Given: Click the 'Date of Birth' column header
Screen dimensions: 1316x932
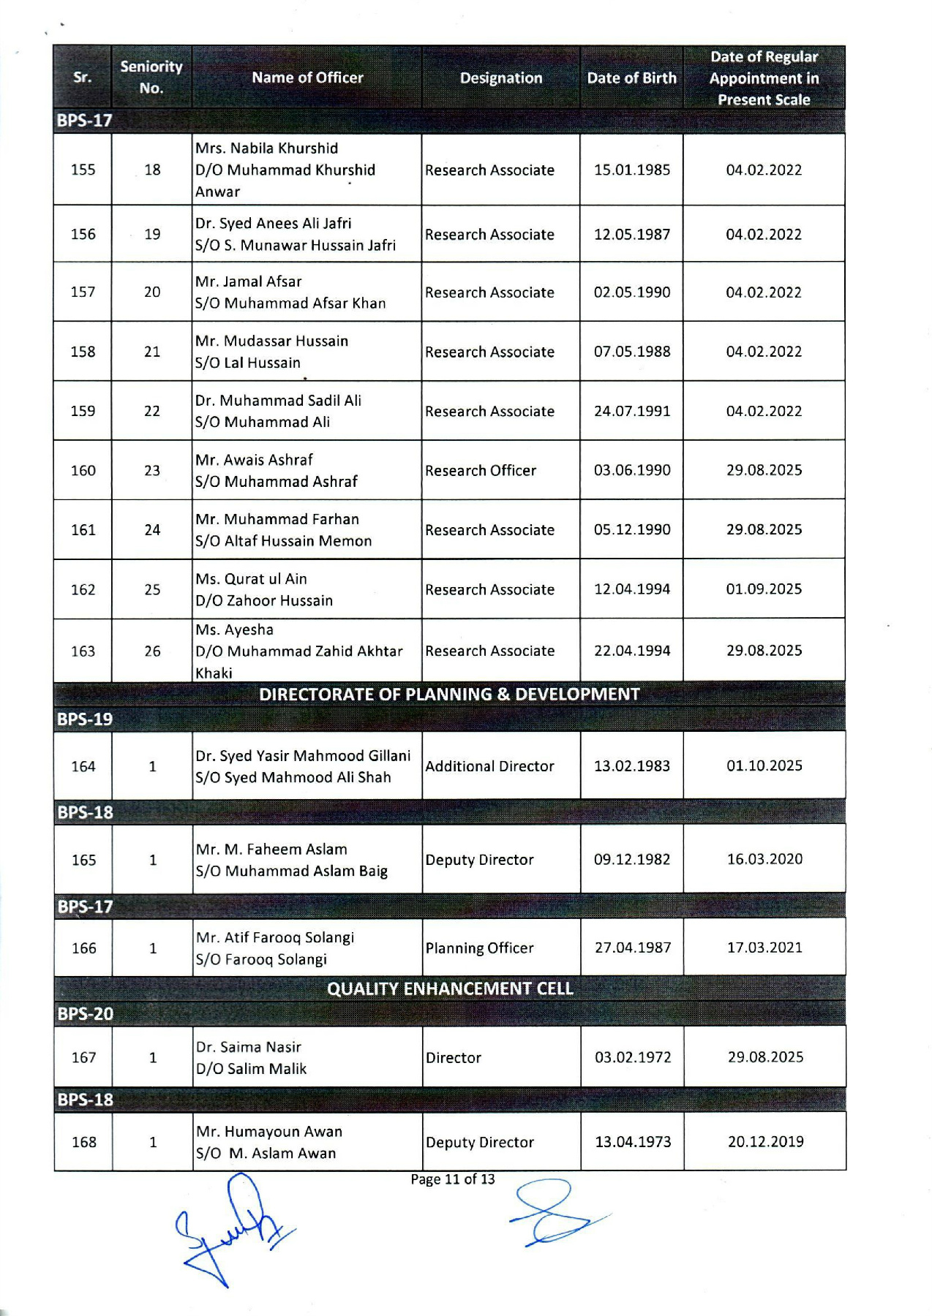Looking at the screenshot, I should (x=631, y=77).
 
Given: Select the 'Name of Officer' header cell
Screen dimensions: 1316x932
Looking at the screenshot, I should (x=307, y=77).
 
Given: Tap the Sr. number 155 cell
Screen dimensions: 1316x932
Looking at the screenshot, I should (x=83, y=170).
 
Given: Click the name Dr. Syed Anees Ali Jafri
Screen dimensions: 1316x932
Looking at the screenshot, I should (x=273, y=223).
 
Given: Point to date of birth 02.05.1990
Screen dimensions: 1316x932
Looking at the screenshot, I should (x=631, y=292).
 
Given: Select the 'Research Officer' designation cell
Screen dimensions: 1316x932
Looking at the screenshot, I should (x=481, y=470).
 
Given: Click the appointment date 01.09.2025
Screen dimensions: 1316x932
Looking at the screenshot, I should (x=764, y=589).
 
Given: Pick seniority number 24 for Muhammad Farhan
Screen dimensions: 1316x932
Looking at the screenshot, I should (x=152, y=529).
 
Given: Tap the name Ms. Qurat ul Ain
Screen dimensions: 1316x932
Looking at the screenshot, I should (x=251, y=578).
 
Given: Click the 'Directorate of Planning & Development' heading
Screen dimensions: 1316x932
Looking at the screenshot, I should (x=449, y=694).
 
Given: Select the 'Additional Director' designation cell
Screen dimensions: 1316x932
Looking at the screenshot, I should (x=489, y=765).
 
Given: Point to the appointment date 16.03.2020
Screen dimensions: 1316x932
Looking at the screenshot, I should (x=764, y=859).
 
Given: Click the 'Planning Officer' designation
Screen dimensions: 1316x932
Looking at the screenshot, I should (x=479, y=948).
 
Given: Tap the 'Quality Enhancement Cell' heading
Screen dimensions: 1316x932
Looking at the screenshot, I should (x=450, y=988).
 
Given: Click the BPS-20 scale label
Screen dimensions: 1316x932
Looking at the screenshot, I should (x=86, y=1013).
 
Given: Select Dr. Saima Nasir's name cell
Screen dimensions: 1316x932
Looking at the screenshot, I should (x=249, y=1057).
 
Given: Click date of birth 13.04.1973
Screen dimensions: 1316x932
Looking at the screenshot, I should (x=633, y=1141).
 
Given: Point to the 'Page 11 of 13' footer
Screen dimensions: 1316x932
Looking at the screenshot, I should (x=453, y=1179).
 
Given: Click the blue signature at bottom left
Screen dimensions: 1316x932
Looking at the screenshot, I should (x=230, y=1228).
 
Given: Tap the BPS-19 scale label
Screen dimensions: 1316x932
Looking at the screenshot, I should (x=85, y=719).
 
